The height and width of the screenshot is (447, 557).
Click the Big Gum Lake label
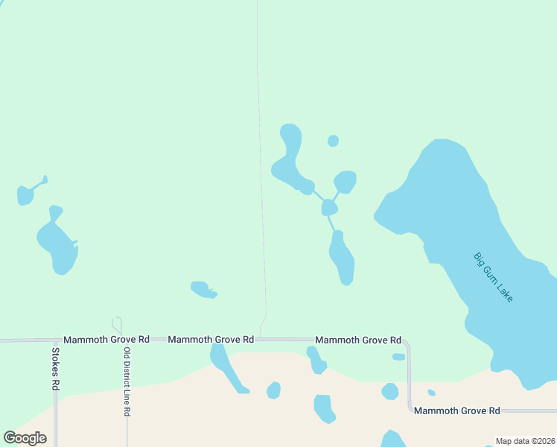[x=494, y=277]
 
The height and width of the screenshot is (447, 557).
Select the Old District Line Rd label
[x=127, y=381]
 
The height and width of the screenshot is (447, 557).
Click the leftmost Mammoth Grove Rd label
[x=106, y=340]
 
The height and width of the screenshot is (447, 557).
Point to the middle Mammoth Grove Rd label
[x=211, y=340]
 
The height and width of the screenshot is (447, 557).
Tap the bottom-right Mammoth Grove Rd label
[x=456, y=411]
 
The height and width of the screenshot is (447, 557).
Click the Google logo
[x=25, y=438]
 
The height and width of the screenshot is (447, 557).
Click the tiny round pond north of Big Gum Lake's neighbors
[x=333, y=141]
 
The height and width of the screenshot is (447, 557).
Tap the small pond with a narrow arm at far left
[x=26, y=195]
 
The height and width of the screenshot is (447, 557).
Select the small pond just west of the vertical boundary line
[x=201, y=289]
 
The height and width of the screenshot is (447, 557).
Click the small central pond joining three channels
[x=329, y=208]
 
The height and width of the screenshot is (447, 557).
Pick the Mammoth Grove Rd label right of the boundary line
[x=358, y=340]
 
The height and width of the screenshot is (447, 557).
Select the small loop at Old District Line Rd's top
[x=117, y=325]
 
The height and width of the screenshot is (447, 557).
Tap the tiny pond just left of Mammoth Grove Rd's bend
[x=398, y=357]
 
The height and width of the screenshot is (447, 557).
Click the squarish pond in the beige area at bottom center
[x=323, y=408]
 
